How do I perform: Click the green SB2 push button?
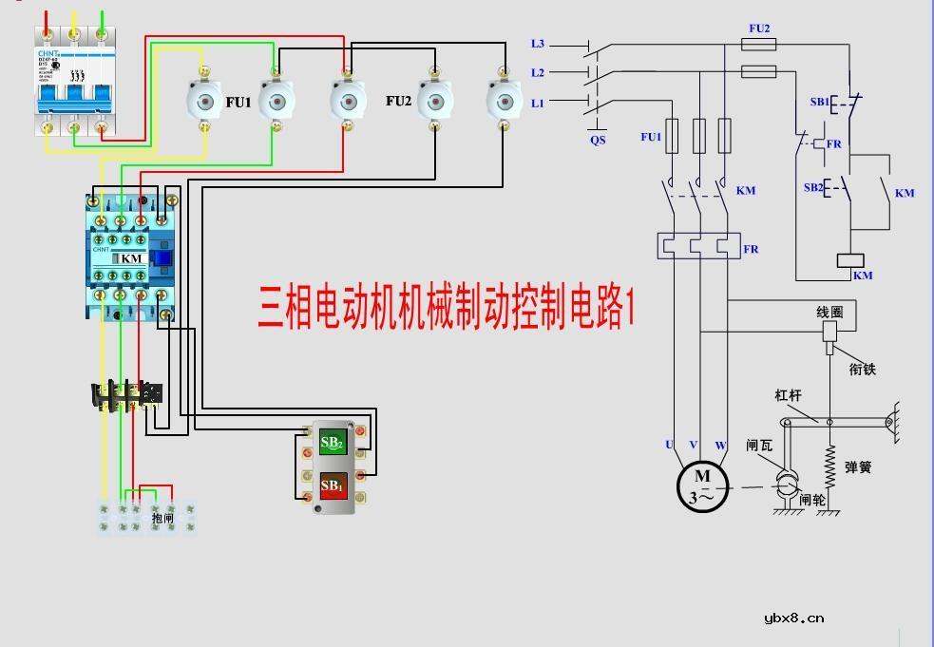[x=332, y=442]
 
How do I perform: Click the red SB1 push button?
[x=332, y=486]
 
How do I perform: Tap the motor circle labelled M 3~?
[x=702, y=486]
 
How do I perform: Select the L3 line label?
[x=538, y=44]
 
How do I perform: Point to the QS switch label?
[x=598, y=140]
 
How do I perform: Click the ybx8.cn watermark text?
[x=793, y=618]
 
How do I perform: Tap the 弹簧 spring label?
[x=858, y=467]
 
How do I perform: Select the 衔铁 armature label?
[x=862, y=369]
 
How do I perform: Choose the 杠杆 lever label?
[x=789, y=395]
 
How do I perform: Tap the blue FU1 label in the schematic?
[x=650, y=138]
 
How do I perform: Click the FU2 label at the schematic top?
[x=759, y=29]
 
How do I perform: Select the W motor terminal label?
[x=721, y=446]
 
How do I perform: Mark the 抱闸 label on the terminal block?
[x=163, y=518]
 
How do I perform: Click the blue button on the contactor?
[x=162, y=257]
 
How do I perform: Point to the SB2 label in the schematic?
[x=813, y=187]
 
